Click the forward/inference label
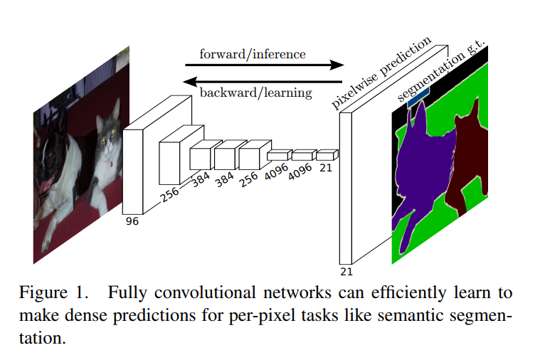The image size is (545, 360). point(253,54)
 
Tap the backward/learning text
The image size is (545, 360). point(256,92)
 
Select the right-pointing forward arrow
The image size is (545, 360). point(265,65)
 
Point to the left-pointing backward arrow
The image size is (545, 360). point(263,82)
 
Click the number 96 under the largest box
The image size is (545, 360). point(132,221)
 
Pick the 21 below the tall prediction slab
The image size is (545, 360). point(346,272)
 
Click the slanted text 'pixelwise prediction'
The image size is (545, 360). point(381,73)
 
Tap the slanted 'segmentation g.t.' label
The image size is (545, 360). point(440,70)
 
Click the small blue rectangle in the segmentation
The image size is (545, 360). point(418,97)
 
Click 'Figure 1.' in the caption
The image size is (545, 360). point(54,293)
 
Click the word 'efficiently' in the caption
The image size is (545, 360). point(408,293)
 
